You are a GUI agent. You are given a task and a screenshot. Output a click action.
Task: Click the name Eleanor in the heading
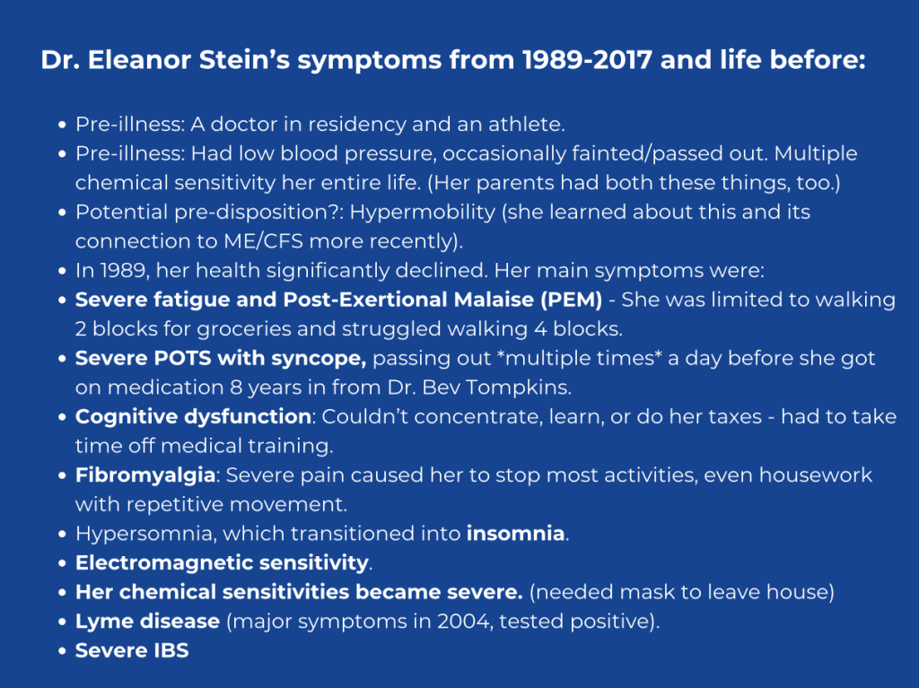139,60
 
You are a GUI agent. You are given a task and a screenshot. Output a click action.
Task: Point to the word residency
357,125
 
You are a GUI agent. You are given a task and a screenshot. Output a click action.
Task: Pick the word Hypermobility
423,213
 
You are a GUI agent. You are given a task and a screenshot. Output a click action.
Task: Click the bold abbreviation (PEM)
572,300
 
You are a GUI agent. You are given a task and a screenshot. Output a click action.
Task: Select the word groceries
244,330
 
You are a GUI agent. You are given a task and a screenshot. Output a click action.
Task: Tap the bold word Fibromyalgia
145,475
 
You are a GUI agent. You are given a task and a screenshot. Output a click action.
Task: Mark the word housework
816,475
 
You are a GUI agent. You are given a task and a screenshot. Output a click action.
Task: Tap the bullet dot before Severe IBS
62,651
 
